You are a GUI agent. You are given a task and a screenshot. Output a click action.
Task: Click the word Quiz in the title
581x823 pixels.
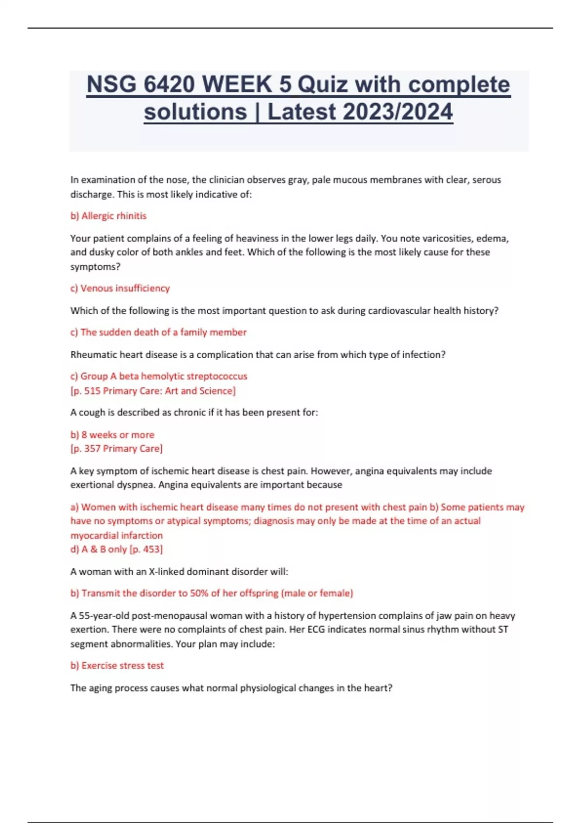(322, 85)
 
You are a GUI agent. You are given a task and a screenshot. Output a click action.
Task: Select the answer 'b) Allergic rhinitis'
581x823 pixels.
(108, 216)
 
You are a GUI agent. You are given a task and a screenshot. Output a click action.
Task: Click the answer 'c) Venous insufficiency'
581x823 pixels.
(120, 288)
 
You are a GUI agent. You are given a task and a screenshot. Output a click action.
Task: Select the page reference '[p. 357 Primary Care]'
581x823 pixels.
(117, 448)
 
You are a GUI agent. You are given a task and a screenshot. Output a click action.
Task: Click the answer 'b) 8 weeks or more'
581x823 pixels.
(112, 435)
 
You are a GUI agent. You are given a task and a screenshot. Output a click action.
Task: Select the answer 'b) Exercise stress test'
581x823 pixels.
(117, 665)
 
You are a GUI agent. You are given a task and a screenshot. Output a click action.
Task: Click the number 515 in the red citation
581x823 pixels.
(92, 391)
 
